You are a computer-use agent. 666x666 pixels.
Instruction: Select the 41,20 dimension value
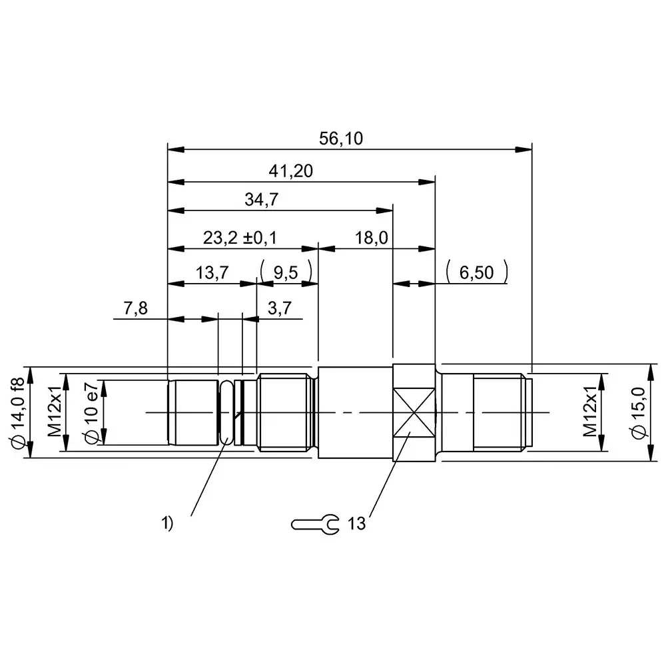[291, 171]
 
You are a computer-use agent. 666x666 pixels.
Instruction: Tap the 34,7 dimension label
[261, 201]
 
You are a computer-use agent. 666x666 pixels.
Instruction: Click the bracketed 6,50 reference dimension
[476, 272]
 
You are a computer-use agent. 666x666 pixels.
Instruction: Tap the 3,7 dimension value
[278, 309]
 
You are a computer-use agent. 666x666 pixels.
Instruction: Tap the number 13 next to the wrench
[356, 524]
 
